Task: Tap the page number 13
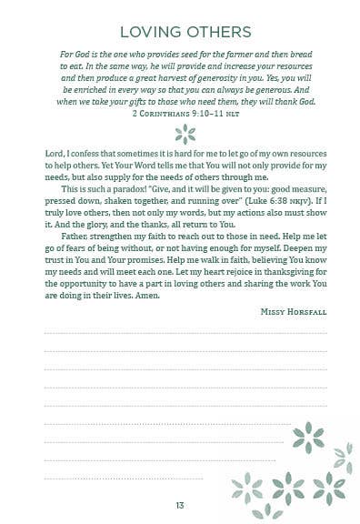click(x=180, y=506)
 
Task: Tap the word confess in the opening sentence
click(x=94, y=157)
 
